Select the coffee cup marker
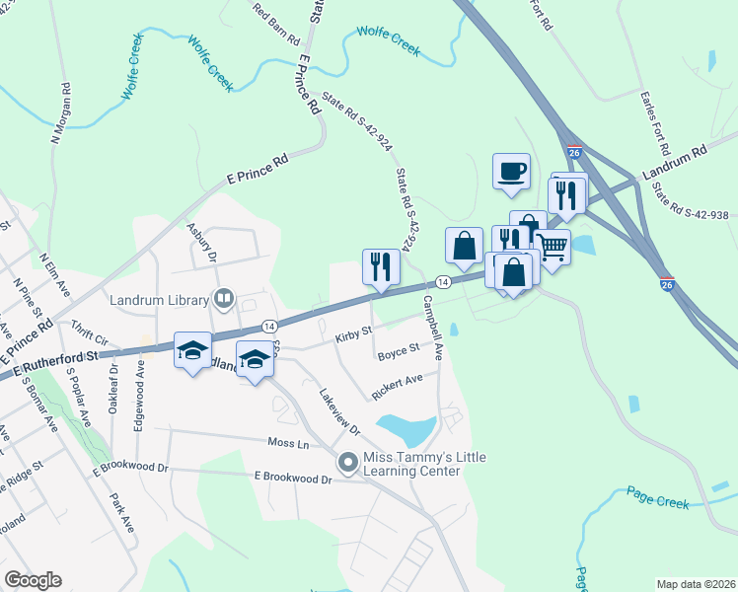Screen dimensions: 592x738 tap(511, 171)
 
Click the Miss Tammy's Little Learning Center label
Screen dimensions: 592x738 tap(411, 464)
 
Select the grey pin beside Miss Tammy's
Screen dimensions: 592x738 tap(347, 462)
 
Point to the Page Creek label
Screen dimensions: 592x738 tap(657, 501)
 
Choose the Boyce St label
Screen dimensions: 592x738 tap(400, 350)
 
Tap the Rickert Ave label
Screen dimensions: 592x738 tap(398, 386)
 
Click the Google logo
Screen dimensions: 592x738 tap(33, 580)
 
